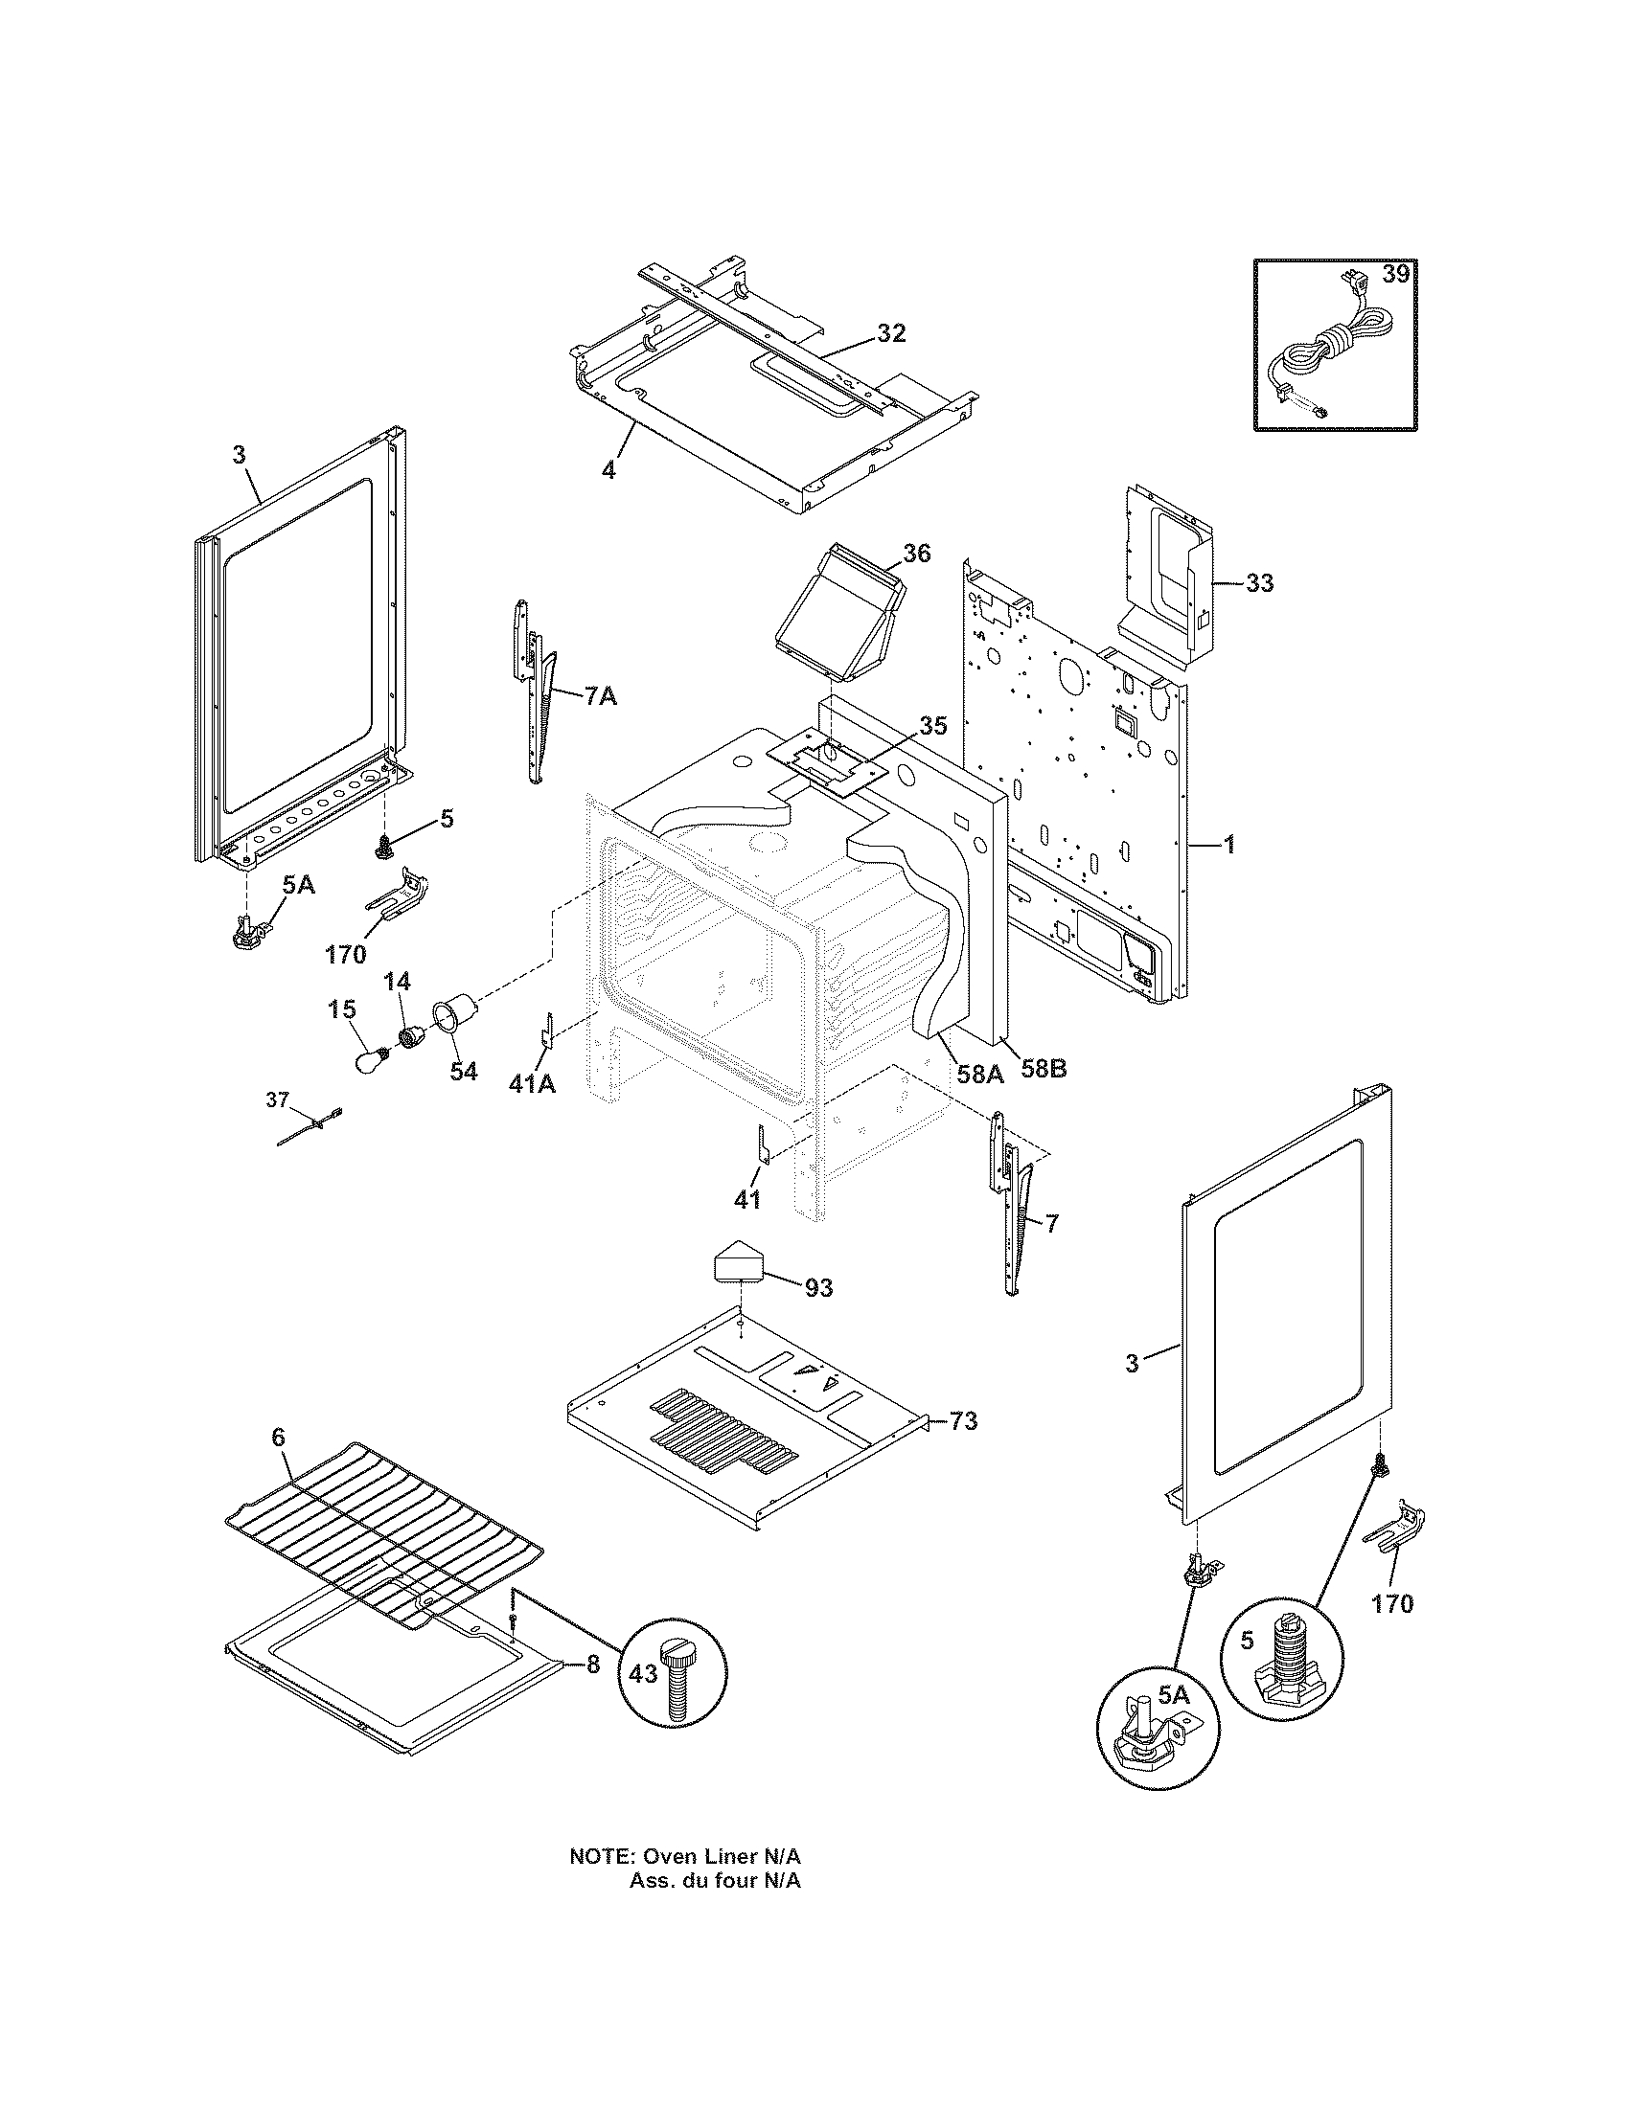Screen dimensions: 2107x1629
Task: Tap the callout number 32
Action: click(x=891, y=333)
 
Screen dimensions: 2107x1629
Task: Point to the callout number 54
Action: click(x=463, y=1072)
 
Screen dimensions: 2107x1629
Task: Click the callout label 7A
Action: click(x=599, y=695)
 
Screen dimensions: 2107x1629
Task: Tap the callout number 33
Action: click(x=1259, y=582)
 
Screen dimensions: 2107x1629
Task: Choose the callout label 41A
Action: click(x=532, y=1083)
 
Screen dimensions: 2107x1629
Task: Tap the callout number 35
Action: click(x=932, y=726)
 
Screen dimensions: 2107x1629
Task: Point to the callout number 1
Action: click(x=1228, y=846)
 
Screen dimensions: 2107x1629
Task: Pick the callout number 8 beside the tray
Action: click(x=592, y=1665)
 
